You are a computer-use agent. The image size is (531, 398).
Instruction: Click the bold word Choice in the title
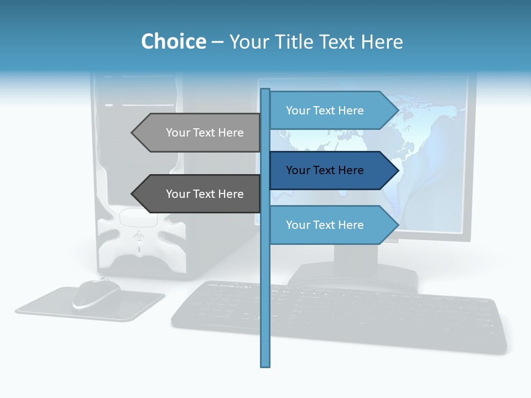pyautogui.click(x=173, y=42)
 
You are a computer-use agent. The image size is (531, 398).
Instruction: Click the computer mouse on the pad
pyautogui.click(x=96, y=293)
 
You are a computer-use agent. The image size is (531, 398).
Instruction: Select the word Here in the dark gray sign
pyautogui.click(x=231, y=194)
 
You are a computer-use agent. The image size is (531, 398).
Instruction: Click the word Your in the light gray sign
pyautogui.click(x=178, y=133)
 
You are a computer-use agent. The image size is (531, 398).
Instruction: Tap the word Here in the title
pyautogui.click(x=382, y=42)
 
